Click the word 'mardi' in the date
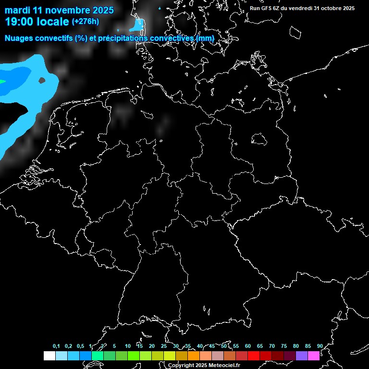tap(18, 11)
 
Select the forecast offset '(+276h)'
tap(86, 22)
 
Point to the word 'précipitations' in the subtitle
tap(123, 38)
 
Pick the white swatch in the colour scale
tap(49, 356)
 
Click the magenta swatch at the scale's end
tap(314, 356)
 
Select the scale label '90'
tap(320, 346)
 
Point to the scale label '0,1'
tap(56, 346)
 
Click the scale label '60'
tap(247, 346)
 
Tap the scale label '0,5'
tap(80, 346)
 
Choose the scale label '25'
tap(163, 346)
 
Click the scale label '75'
tap(283, 346)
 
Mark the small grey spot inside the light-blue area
tap(42, 80)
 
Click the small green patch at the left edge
tap(2, 82)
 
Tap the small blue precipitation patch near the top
tap(137, 25)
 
